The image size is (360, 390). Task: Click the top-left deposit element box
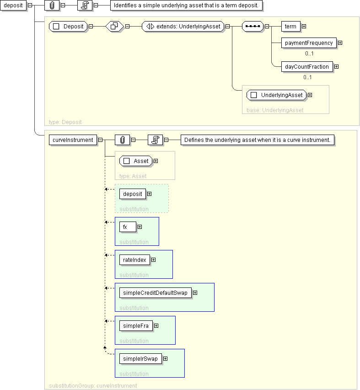[x=13, y=5]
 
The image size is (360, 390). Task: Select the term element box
[x=290, y=27]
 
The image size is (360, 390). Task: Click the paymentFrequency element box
[x=309, y=43]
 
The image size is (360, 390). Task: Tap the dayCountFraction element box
[x=307, y=67]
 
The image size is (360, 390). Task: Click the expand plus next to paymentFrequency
[x=340, y=43]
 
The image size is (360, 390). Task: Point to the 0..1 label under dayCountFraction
[x=307, y=77]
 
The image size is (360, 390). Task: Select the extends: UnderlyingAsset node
[x=183, y=27]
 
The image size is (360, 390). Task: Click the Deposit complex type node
[x=68, y=27]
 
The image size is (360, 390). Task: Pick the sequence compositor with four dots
[x=253, y=27]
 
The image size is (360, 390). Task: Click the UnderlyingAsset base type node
[x=276, y=95]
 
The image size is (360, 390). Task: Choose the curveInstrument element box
[x=73, y=140]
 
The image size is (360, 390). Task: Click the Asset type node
[x=136, y=161]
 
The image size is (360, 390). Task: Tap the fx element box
[x=128, y=227]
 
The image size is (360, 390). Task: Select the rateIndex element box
[x=134, y=260]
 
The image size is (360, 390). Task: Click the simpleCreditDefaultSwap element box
[x=156, y=293]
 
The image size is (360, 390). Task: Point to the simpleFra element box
[x=136, y=326]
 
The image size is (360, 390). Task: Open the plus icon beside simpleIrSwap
[x=165, y=359]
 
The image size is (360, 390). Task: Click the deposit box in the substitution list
[x=133, y=194]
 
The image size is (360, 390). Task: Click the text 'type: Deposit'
[x=65, y=122]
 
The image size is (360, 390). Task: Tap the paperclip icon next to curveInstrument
[x=122, y=140]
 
